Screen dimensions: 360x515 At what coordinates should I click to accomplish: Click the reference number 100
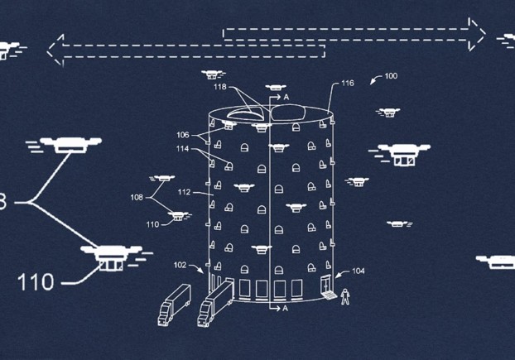click(391, 76)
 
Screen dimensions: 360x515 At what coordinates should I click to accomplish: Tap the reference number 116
click(347, 84)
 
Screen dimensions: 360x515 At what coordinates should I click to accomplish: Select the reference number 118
click(219, 87)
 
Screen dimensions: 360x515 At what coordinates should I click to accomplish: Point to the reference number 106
click(182, 134)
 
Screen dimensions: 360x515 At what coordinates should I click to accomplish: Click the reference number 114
click(182, 150)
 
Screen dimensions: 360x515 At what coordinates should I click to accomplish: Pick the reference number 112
click(184, 192)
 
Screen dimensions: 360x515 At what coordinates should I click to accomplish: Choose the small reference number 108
click(137, 198)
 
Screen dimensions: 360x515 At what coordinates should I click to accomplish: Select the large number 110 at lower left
click(36, 281)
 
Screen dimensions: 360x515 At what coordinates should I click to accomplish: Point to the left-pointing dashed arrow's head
click(55, 50)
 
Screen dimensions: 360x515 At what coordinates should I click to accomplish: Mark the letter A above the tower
click(286, 98)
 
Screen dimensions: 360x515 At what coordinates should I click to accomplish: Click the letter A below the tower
click(286, 308)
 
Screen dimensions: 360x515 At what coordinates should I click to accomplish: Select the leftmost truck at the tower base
click(174, 304)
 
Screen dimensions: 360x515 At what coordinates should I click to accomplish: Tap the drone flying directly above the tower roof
click(277, 86)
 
